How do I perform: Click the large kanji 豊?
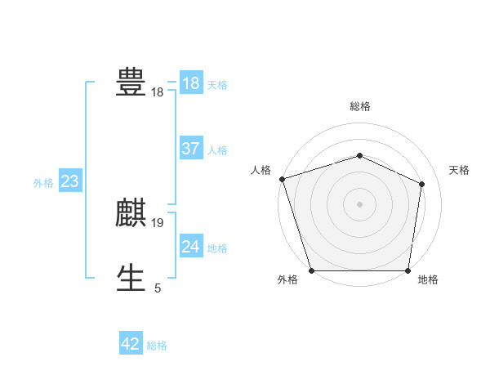click(131, 82)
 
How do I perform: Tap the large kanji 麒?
click(131, 212)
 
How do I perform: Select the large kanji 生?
click(131, 278)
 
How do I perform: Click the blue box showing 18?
click(191, 83)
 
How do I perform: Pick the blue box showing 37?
click(191, 149)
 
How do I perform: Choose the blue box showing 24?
click(191, 247)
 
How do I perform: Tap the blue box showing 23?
click(69, 181)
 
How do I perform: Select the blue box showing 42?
click(131, 344)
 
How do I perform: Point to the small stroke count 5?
click(158, 288)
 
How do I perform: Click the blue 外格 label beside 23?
click(43, 183)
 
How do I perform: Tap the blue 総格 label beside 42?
click(157, 346)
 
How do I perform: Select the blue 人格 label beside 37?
click(217, 150)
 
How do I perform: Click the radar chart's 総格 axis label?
click(359, 106)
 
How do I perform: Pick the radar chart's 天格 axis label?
click(459, 170)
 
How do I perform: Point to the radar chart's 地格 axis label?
click(428, 279)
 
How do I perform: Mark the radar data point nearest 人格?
click(282, 178)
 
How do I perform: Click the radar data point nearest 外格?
click(312, 270)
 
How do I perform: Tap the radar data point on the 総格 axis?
click(359, 155)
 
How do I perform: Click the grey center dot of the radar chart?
click(359, 204)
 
